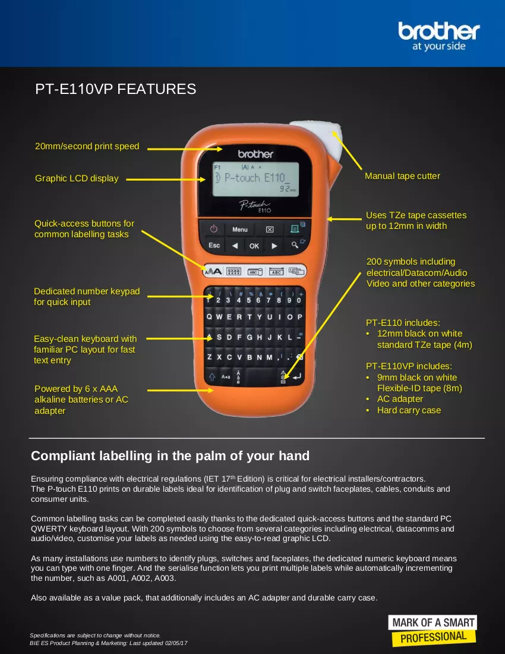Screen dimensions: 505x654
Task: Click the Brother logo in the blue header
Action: click(438, 36)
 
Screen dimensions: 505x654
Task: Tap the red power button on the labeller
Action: click(214, 228)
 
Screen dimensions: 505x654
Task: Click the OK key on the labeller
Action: click(254, 246)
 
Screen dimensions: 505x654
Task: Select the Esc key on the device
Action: click(214, 245)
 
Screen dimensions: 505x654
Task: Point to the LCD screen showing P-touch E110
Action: click(256, 180)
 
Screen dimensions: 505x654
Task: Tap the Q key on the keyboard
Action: click(209, 317)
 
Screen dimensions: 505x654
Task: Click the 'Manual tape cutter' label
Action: click(402, 176)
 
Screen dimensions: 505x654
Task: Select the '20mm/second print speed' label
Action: click(87, 146)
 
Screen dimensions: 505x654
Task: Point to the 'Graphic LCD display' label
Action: click(77, 178)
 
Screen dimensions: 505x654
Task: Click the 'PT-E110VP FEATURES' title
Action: click(115, 89)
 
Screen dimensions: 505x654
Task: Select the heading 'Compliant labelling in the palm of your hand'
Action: click(170, 456)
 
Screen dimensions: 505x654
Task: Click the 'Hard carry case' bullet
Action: click(409, 410)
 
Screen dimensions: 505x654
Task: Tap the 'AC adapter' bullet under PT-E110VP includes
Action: click(400, 399)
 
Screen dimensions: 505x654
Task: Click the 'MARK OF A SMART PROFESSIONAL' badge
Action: click(433, 630)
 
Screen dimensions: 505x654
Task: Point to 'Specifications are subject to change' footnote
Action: click(95, 635)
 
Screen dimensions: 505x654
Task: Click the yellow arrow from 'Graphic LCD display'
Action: click(166, 180)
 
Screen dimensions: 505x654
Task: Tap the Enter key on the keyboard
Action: click(296, 376)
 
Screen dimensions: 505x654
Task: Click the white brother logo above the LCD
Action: click(255, 155)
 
